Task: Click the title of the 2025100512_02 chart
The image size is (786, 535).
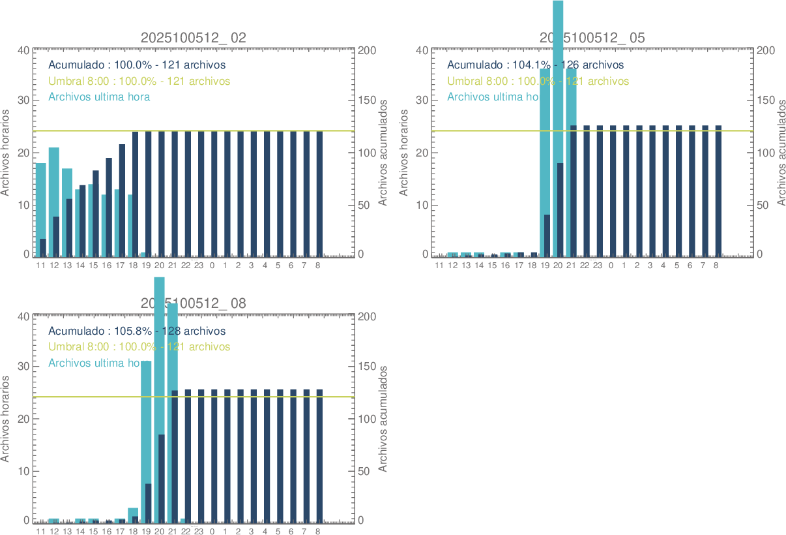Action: pyautogui.click(x=194, y=38)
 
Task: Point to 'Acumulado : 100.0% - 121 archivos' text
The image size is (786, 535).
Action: pyautogui.click(x=137, y=65)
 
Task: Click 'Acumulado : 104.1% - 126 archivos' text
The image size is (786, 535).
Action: pyautogui.click(x=535, y=65)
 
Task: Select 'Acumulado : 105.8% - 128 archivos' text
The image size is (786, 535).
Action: pyautogui.click(x=137, y=331)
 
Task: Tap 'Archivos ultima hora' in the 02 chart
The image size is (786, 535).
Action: pyautogui.click(x=99, y=97)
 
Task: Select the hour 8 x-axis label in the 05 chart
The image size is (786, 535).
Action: pyautogui.click(x=716, y=266)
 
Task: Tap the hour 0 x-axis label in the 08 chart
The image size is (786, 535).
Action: pyautogui.click(x=212, y=532)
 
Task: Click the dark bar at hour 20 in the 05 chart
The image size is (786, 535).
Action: pyautogui.click(x=560, y=209)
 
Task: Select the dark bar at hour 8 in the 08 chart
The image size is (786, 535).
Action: pyautogui.click(x=319, y=457)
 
